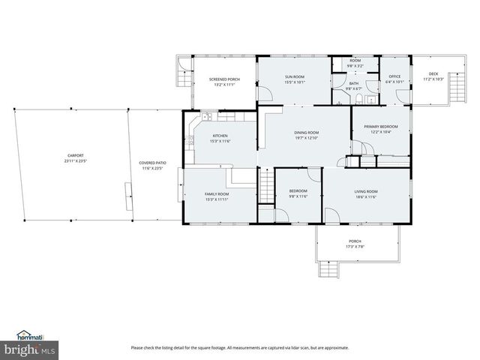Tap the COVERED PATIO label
click(x=153, y=163)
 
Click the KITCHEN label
click(x=210, y=115)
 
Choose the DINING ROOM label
click(x=306, y=133)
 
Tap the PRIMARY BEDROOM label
click(x=380, y=127)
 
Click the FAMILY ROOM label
click(x=217, y=194)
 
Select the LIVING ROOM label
click(x=366, y=191)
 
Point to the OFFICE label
click(x=394, y=76)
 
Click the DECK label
click(x=433, y=73)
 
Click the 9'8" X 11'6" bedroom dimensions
click(x=298, y=196)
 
